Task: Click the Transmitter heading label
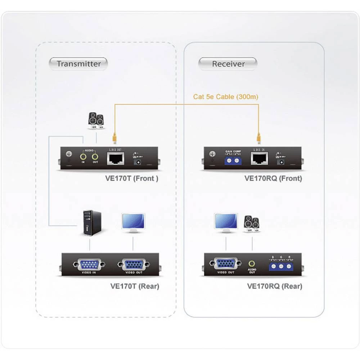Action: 78,64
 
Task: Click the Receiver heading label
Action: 228,64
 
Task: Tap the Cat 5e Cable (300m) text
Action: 226,96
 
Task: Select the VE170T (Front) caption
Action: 135,178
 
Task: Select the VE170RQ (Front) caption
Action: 273,178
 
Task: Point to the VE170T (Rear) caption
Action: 135,286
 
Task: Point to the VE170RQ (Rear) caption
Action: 275,286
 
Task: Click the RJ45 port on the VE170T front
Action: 115,158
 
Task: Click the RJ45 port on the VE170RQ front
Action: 259,158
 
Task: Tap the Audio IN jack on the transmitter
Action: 83,157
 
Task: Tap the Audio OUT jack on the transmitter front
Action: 95,157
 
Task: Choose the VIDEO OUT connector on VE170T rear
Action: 134,265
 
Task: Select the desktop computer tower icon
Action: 92,223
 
